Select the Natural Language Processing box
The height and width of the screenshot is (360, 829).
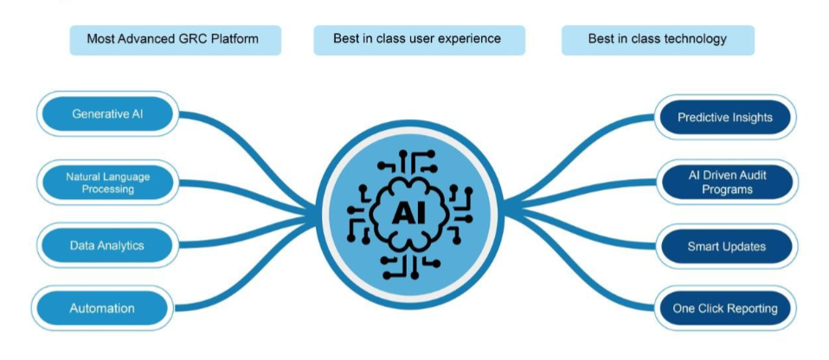pos(108,182)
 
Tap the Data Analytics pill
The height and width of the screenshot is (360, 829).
pos(107,246)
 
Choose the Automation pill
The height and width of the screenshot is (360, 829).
pos(102,308)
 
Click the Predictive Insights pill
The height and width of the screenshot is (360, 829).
pos(724,118)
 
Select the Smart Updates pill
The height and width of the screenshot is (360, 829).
pos(726,246)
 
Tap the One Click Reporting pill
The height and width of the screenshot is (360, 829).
pos(725,308)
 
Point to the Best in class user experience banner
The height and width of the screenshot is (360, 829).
pos(417,39)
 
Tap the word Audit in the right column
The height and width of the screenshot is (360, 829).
pos(750,175)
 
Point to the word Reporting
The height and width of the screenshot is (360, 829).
pos(751,308)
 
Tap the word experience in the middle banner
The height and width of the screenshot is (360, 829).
pos(470,39)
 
